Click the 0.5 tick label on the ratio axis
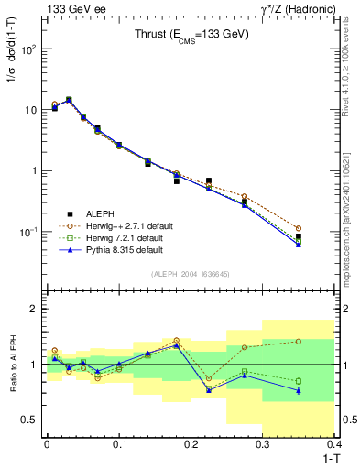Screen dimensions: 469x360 click(31, 420)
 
